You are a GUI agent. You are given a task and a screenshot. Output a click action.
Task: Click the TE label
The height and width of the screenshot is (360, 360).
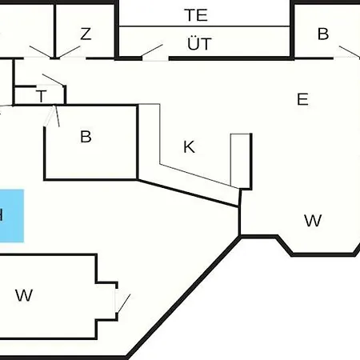point(196,15)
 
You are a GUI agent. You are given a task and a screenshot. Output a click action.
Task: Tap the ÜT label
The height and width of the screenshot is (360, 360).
point(199,43)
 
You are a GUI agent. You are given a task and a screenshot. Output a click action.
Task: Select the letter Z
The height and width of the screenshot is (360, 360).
point(86,34)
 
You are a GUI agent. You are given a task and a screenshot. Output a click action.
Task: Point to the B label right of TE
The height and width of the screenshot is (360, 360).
point(323,34)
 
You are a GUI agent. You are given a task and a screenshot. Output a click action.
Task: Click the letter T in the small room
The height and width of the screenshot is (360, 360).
point(41,96)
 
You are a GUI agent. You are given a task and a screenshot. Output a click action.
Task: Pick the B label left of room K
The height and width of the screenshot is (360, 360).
point(86,137)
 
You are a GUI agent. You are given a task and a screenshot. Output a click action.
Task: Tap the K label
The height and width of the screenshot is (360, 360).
point(189,146)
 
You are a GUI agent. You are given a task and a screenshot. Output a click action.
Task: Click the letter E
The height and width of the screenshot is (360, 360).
point(302,99)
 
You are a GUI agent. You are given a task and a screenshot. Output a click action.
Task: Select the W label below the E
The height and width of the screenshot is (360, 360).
point(313,221)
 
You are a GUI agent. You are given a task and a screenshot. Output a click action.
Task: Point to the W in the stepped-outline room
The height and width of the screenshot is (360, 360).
point(24,295)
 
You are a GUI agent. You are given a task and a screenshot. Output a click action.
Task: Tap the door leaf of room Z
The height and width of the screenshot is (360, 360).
point(70,52)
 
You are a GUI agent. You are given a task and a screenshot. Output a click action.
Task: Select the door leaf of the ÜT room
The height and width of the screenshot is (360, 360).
point(152,50)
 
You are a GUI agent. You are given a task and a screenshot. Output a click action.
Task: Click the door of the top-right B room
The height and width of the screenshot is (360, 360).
point(350,51)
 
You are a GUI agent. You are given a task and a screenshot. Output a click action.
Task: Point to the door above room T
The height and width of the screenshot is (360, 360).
point(53,80)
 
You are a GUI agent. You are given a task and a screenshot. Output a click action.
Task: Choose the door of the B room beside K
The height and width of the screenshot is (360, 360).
point(57,116)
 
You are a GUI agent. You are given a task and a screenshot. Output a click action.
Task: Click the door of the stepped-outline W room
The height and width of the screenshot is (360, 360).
point(124,303)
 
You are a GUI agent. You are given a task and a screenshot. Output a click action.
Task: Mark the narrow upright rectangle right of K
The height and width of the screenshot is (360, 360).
point(240,161)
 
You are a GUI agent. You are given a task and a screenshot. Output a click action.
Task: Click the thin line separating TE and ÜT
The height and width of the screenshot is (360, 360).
point(204,26)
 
